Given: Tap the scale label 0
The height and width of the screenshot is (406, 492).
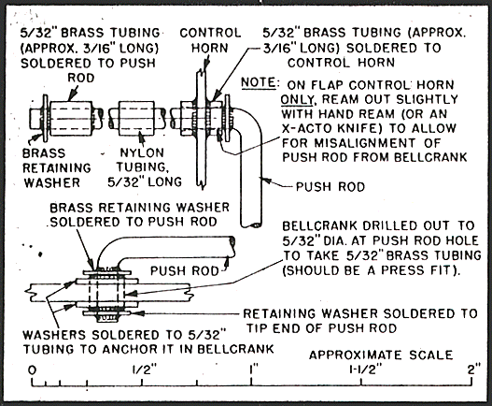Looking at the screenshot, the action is click(x=32, y=370).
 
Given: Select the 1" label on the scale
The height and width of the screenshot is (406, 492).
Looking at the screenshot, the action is click(x=253, y=370).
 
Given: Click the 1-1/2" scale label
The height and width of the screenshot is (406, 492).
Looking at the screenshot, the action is click(x=366, y=370).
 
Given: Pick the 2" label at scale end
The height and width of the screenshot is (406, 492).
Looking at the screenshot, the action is click(x=474, y=369).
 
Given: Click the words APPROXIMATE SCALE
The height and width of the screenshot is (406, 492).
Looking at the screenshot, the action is click(x=381, y=355).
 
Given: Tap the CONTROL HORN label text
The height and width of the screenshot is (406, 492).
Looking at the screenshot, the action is click(x=210, y=40).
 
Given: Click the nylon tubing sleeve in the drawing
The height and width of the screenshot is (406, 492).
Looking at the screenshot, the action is click(x=137, y=119).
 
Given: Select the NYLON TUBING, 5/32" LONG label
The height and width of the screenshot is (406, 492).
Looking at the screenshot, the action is click(x=145, y=167).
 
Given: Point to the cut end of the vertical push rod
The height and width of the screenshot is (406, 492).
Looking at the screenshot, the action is click(x=251, y=225).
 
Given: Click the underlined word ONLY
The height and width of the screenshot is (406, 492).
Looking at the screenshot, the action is click(x=298, y=99).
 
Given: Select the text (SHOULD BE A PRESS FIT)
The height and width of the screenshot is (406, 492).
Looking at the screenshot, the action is click(x=372, y=270).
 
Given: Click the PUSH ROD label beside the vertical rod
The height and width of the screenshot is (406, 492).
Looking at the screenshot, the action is click(x=330, y=187).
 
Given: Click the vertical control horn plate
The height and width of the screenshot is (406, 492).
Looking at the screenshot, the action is click(x=201, y=129).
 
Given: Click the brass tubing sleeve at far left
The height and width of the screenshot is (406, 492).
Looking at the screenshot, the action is click(x=71, y=118).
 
